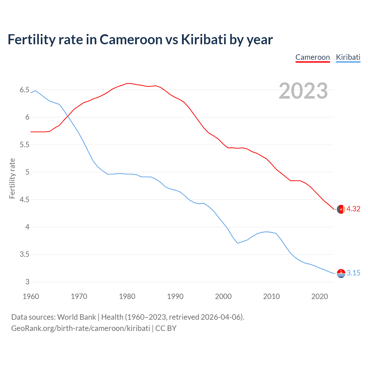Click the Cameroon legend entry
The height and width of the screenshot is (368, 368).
(313, 57)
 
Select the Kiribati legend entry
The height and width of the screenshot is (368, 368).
(348, 57)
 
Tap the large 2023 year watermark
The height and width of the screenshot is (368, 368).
(303, 91)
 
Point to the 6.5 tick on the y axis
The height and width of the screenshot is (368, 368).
(24, 90)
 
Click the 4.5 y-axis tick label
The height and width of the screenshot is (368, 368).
(24, 200)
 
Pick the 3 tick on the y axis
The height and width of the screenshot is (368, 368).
(27, 282)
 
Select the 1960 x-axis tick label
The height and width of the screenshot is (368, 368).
(31, 296)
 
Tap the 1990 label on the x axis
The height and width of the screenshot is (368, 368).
(175, 296)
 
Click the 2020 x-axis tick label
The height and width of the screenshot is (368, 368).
(319, 296)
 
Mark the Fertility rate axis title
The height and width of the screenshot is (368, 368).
(12, 178)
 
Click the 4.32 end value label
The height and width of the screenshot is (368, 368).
(353, 209)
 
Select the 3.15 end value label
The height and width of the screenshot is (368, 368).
(353, 273)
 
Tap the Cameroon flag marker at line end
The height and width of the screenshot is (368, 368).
(341, 209)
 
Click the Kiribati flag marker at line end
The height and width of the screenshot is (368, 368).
(341, 273)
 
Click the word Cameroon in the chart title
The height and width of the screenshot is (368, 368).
(131, 40)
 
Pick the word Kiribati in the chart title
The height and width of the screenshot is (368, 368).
(204, 40)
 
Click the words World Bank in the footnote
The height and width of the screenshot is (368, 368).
(76, 317)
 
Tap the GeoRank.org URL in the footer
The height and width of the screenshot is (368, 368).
(80, 328)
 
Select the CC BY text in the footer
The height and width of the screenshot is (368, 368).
(166, 328)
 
